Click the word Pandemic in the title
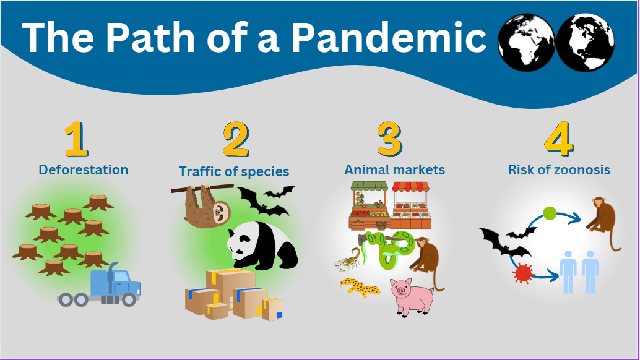point(388,38)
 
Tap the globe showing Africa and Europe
point(527,43)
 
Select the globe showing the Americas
point(586,43)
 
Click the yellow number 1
point(76,139)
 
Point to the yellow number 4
point(559,139)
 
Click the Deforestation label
point(84,169)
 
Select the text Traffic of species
point(234,171)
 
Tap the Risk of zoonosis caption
point(559,169)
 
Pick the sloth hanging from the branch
point(206,206)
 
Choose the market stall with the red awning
point(410,205)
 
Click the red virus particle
point(523,273)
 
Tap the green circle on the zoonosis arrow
point(550,213)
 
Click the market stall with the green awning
point(369,206)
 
